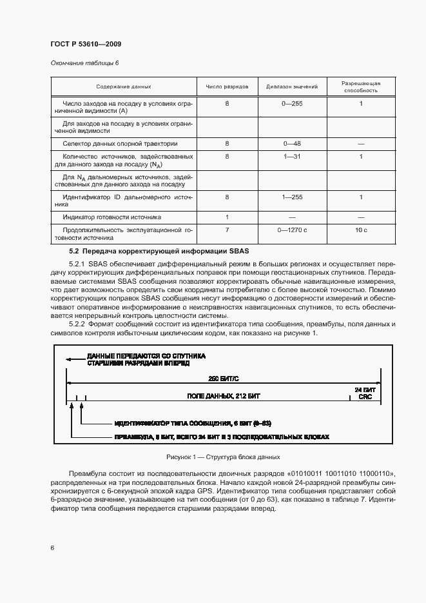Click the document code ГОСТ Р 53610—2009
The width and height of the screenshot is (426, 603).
click(x=86, y=44)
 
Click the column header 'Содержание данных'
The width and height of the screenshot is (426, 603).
click(x=124, y=86)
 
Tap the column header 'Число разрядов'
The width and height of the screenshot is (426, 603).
click(x=227, y=86)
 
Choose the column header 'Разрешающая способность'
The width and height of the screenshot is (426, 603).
click(x=361, y=86)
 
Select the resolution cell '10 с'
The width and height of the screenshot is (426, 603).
click(x=361, y=230)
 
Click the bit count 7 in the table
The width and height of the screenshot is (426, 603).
click(x=227, y=230)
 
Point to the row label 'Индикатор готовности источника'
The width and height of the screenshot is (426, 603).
click(x=111, y=217)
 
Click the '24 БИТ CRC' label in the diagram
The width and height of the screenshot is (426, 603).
click(x=364, y=393)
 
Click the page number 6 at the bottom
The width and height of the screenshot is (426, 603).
click(x=52, y=548)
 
